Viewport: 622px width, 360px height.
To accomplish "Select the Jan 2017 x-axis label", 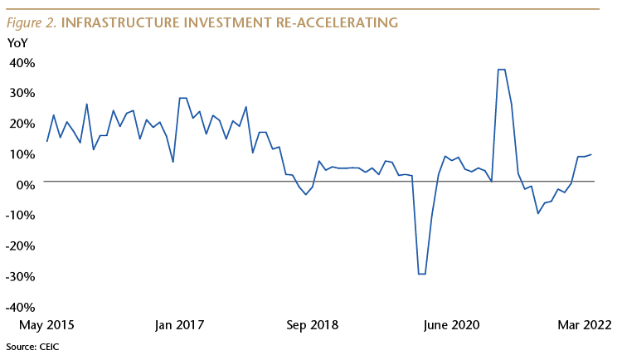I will (178, 325).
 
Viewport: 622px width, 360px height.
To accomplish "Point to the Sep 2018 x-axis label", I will (312, 325).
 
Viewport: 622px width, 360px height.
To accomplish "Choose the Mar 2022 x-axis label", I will (583, 325).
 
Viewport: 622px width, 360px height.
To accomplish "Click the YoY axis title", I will (17, 42).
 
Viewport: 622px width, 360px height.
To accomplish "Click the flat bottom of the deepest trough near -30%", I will (421, 274).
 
